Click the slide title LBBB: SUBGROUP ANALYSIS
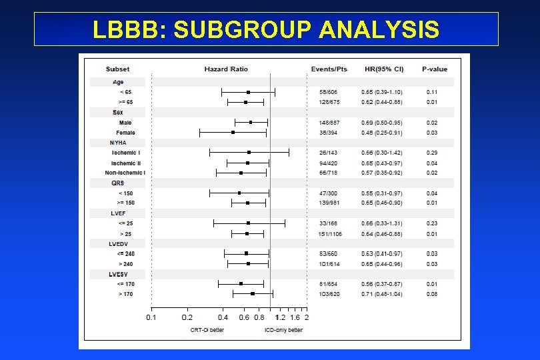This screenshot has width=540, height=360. click(x=266, y=29)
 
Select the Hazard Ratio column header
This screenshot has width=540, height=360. click(x=225, y=69)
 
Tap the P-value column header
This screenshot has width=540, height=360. click(x=435, y=69)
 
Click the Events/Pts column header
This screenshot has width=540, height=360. click(x=329, y=69)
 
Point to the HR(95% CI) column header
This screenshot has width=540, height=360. click(x=384, y=69)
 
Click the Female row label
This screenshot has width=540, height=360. click(x=125, y=133)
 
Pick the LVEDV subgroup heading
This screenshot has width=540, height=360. click(x=118, y=243)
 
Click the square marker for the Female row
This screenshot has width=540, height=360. click(x=233, y=133)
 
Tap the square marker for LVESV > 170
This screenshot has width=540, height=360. click(x=253, y=293)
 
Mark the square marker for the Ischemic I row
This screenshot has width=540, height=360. click(x=249, y=153)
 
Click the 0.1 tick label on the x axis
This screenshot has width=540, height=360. click(x=151, y=317)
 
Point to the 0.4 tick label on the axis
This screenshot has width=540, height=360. click(x=223, y=317)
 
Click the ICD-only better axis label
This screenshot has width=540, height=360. click(x=283, y=330)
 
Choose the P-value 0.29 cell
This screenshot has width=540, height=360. click(x=432, y=153)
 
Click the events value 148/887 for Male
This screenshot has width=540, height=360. click(x=329, y=123)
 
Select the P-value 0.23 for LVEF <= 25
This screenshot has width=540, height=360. click(x=432, y=223)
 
